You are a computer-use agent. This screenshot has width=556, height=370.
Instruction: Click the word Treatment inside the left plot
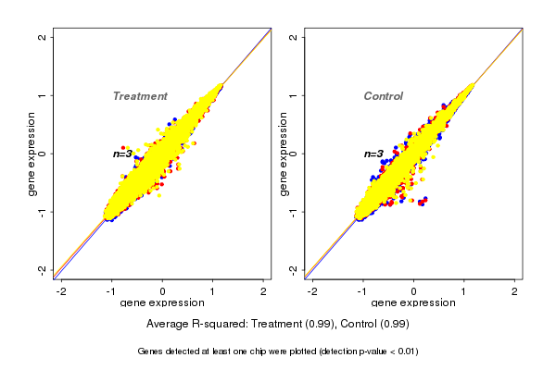coord(140,96)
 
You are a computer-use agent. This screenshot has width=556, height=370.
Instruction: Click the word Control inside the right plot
coord(384,96)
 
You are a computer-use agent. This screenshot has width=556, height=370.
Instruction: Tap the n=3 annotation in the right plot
coord(373,154)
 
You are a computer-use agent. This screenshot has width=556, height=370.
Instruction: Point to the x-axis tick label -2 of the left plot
coord(61,292)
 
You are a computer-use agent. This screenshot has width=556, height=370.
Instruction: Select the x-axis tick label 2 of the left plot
coord(263,292)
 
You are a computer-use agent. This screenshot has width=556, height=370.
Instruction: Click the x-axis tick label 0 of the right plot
coord(413,292)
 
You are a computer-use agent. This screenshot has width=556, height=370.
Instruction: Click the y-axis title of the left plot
coord(32,154)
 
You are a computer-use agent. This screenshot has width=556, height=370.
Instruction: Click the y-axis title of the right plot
coord(283,154)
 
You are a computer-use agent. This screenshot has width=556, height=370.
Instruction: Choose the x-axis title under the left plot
coord(162,303)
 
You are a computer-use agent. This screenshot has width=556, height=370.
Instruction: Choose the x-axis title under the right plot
coord(413,303)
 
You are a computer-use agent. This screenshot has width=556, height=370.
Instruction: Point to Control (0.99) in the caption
coord(374,324)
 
